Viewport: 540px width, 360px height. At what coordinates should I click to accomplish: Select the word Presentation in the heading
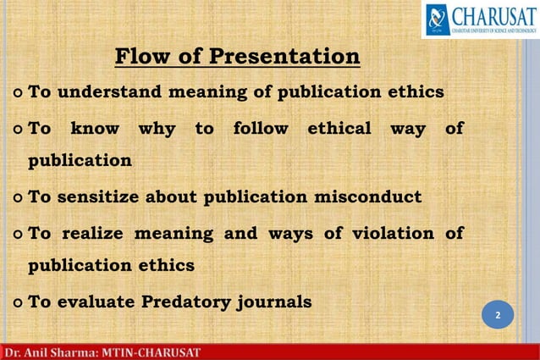284,57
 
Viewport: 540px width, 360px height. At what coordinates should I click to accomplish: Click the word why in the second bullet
157,129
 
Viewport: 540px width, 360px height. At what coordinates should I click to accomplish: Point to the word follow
260,129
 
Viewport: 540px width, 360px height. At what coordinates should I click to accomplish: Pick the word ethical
339,129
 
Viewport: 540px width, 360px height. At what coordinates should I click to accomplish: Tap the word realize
93,233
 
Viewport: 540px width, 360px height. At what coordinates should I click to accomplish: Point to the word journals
272,302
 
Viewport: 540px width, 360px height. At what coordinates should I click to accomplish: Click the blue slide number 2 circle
498,316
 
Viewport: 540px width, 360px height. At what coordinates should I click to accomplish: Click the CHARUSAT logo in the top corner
479,19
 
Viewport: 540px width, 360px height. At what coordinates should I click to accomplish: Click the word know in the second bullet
94,129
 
